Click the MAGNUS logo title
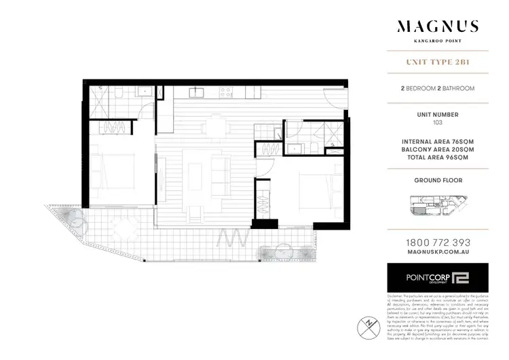pos(437,27)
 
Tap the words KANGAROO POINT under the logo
pos(437,42)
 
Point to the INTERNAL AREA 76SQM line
pos(437,141)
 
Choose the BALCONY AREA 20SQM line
pos(437,149)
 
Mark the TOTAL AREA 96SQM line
pos(437,157)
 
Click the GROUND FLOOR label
pos(437,181)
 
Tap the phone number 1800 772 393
pos(437,242)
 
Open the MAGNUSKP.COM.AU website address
pos(437,253)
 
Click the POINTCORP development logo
pos(437,278)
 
